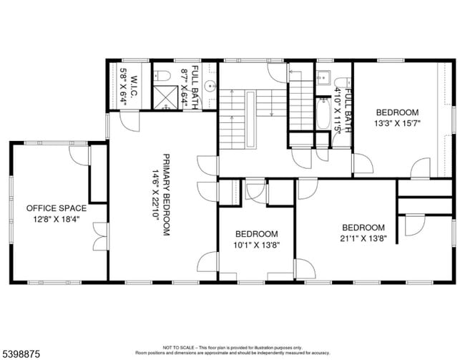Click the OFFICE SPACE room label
click(x=57, y=208)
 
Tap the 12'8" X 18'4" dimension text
click(x=57, y=220)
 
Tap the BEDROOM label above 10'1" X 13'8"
click(x=257, y=234)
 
